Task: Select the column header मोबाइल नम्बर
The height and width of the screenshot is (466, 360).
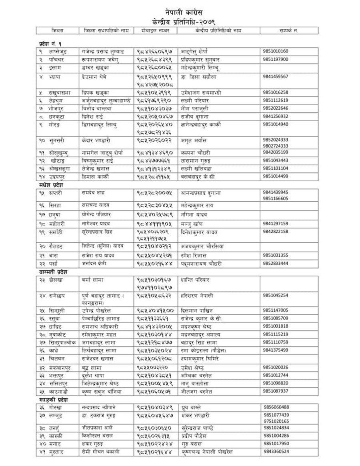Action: coord(154,30)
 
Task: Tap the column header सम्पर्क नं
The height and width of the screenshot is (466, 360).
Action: coord(288,30)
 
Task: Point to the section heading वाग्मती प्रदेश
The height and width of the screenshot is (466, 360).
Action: coord(53,272)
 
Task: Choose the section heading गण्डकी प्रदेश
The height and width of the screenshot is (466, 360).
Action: coord(54,400)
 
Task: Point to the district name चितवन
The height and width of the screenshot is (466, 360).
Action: coord(57,359)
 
